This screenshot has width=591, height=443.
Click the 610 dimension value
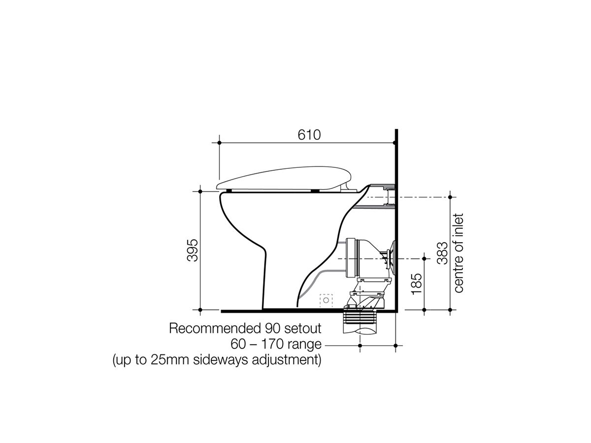pyautogui.click(x=309, y=135)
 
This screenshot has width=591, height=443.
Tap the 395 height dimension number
pyautogui.click(x=193, y=250)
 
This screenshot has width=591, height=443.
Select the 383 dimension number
pyautogui.click(x=442, y=253)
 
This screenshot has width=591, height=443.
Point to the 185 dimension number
pyautogui.click(x=417, y=284)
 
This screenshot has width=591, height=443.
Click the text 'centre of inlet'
pyautogui.click(x=459, y=253)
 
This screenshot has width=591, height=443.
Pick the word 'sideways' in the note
pyautogui.click(x=220, y=360)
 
